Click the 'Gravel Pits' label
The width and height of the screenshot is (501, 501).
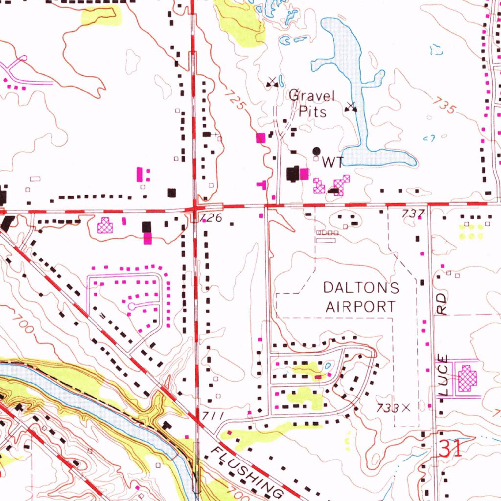(312, 103)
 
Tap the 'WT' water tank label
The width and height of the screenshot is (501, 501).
(332, 162)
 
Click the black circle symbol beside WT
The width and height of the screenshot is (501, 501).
(317, 151)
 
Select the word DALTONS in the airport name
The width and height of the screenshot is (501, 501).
(361, 288)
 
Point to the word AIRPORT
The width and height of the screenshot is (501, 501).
(361, 307)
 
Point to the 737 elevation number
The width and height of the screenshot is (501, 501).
(411, 213)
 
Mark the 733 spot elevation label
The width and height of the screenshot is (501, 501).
(388, 408)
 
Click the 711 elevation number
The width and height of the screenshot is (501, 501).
(213, 416)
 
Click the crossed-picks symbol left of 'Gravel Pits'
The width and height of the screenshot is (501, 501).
(272, 83)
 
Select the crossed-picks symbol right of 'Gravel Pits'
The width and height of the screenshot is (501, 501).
(351, 107)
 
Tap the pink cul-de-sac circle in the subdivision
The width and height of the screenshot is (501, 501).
(131, 306)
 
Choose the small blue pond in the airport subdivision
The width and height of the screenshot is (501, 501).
(327, 365)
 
